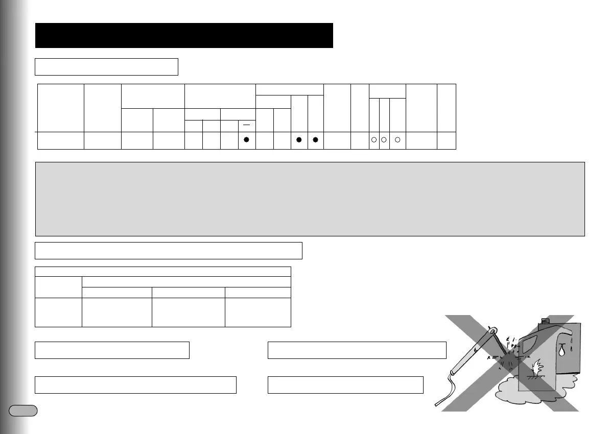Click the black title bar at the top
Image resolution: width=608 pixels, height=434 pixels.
coord(184,35)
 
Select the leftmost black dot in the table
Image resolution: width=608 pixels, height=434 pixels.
coord(246,140)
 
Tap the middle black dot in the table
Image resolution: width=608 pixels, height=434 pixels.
coord(299,140)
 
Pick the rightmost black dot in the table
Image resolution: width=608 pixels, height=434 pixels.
coord(316,140)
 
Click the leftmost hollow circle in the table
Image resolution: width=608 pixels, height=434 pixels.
coord(373,140)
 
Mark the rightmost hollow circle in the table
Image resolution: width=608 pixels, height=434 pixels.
coord(397,140)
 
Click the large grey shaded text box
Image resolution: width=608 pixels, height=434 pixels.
coord(310,199)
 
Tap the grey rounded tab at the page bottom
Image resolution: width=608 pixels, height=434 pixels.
coord(24,410)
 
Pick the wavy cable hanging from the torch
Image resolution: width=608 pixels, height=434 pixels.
coord(445,393)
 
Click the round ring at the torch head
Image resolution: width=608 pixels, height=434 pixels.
coord(494,331)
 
